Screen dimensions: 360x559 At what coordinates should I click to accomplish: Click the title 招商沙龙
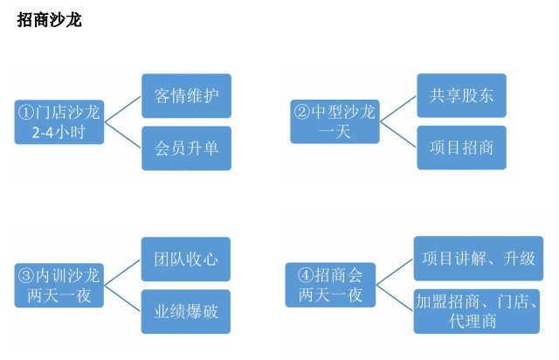49,19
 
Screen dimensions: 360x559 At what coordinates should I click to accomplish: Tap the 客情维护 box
186,95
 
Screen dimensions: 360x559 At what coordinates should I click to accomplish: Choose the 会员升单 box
186,148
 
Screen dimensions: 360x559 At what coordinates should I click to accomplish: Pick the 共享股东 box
461,95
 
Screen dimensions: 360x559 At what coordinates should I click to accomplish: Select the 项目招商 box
461,148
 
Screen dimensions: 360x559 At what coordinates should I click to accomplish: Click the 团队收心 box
186,260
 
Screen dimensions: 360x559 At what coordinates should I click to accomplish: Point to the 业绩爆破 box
186,312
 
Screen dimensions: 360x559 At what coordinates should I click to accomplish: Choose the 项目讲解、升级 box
479,260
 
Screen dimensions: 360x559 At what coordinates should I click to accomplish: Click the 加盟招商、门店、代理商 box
479,312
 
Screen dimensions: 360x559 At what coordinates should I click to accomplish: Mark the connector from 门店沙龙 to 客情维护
123,107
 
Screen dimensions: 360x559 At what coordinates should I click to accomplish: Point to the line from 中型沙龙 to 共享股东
398,107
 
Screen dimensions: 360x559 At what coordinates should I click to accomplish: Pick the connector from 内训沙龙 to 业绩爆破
123,299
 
